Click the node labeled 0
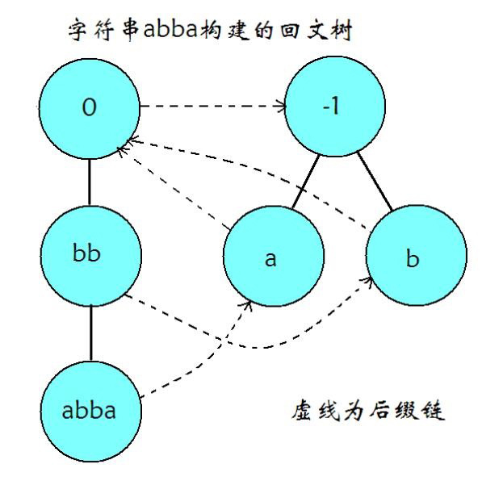click(x=89, y=108)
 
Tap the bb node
click(x=89, y=257)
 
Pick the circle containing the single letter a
click(x=272, y=257)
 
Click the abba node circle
click(x=89, y=410)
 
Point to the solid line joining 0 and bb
click(x=89, y=182)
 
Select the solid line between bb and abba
click(x=89, y=333)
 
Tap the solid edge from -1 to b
click(x=374, y=182)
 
